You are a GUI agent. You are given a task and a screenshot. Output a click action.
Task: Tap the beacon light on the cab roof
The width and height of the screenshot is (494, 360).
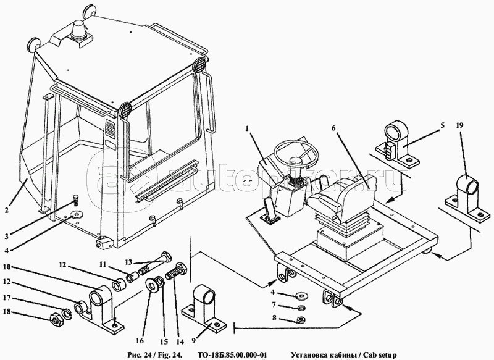click(x=79, y=31)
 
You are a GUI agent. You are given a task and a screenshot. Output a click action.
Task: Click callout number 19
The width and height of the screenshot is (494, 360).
click(x=459, y=125)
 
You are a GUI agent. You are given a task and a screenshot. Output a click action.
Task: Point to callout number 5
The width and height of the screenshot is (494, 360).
click(x=442, y=125)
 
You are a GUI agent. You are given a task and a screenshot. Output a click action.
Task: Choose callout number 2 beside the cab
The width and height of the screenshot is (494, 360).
click(x=7, y=210)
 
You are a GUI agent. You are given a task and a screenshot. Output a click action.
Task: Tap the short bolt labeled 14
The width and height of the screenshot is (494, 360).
click(x=177, y=270)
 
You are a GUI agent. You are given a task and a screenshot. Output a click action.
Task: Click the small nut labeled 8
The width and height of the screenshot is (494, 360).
click(x=301, y=320)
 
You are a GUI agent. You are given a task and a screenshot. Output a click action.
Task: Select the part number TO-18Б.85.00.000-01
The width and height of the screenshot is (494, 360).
click(x=233, y=355)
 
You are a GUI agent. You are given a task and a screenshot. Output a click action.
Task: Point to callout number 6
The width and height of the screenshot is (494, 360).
click(x=333, y=128)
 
